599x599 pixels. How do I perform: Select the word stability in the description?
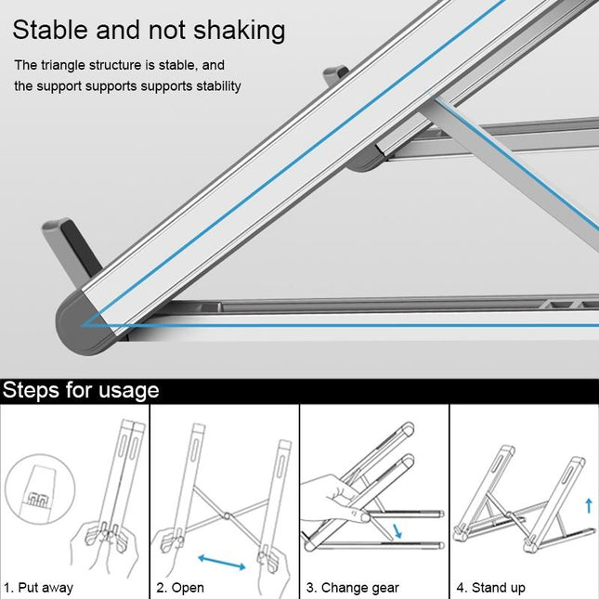pos(215,86)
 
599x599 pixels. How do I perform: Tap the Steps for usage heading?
pos(82,390)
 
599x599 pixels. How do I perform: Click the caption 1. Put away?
pos(39,588)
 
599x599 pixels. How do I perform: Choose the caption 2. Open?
pos(180,588)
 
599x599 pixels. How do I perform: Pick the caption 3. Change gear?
pos(353,588)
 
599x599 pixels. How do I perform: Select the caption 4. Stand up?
pos(490,588)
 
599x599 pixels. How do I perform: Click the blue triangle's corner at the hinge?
pos(84,324)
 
